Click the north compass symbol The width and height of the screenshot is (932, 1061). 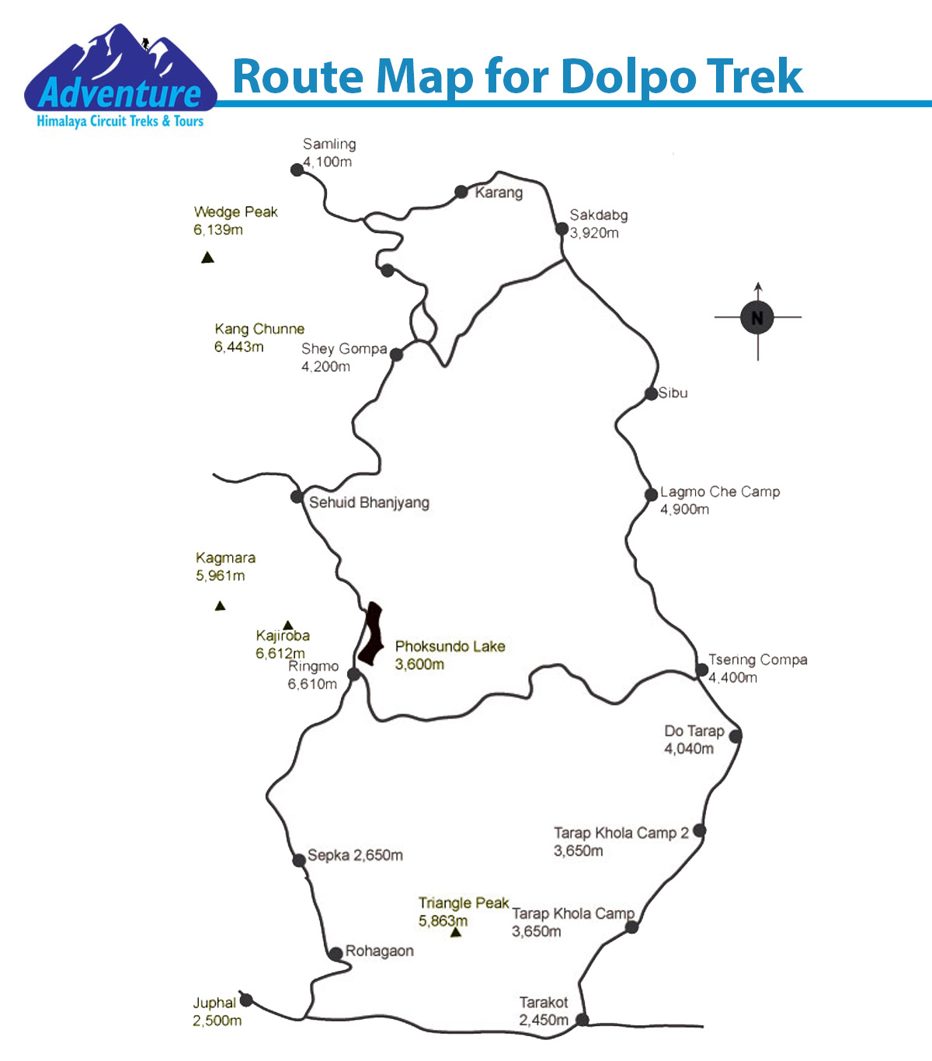[x=757, y=317]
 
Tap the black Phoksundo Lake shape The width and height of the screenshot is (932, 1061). [x=371, y=633]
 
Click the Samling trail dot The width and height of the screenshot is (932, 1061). [x=297, y=169]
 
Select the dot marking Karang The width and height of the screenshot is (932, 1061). [x=461, y=191]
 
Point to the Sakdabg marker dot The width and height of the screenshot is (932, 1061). [x=562, y=229]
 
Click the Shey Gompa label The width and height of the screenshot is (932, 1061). [x=343, y=358]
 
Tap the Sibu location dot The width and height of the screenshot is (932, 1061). [x=651, y=394]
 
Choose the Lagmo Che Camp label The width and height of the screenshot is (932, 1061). [x=719, y=500]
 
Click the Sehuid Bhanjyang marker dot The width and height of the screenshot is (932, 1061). [x=297, y=497]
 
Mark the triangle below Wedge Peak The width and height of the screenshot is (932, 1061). [x=207, y=258]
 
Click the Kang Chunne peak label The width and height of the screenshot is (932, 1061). [x=259, y=337]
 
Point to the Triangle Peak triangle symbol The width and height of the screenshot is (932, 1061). [x=456, y=932]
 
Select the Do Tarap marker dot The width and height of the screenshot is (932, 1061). [x=735, y=735]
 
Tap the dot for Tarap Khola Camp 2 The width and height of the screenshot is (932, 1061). [x=699, y=830]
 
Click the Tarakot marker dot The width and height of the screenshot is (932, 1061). [x=582, y=1019]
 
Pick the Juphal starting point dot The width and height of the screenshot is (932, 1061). [x=246, y=1000]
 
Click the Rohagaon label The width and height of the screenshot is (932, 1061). [x=379, y=951]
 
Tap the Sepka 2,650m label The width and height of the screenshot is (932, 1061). [x=355, y=855]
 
